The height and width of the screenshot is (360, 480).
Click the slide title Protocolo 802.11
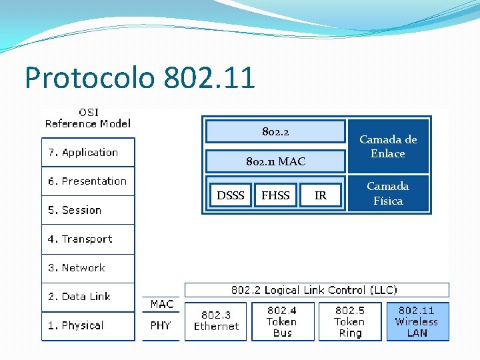pyautogui.click(x=140, y=78)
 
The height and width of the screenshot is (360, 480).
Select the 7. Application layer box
pyautogui.click(x=88, y=153)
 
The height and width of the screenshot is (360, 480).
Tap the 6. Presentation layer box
pyautogui.click(x=88, y=181)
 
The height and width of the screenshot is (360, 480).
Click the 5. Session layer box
pyautogui.click(x=88, y=210)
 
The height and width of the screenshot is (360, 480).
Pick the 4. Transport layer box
pyautogui.click(x=88, y=239)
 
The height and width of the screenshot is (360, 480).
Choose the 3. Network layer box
pyautogui.click(x=88, y=268)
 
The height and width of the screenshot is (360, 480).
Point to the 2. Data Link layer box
pyautogui.click(x=88, y=297)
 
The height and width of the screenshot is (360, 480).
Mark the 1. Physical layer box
pyautogui.click(x=88, y=326)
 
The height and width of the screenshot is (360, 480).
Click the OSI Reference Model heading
pyautogui.click(x=88, y=118)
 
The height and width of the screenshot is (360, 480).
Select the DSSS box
pyautogui.click(x=231, y=195)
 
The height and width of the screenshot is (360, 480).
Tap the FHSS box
pyautogui.click(x=275, y=195)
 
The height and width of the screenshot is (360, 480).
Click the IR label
pyautogui.click(x=321, y=195)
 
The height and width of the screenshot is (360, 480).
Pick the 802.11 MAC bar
pyautogui.click(x=275, y=161)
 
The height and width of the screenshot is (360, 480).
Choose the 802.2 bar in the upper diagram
pyautogui.click(x=275, y=132)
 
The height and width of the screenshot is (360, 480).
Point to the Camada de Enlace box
pyautogui.click(x=388, y=146)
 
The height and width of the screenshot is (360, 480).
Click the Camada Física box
pyautogui.click(x=388, y=193)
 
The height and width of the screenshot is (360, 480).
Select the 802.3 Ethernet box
pyautogui.click(x=215, y=321)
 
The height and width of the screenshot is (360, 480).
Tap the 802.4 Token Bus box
pyautogui.click(x=282, y=321)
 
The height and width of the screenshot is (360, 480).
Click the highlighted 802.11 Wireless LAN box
pyautogui.click(x=417, y=321)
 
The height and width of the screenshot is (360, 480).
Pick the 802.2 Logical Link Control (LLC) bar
pyautogui.click(x=316, y=290)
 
